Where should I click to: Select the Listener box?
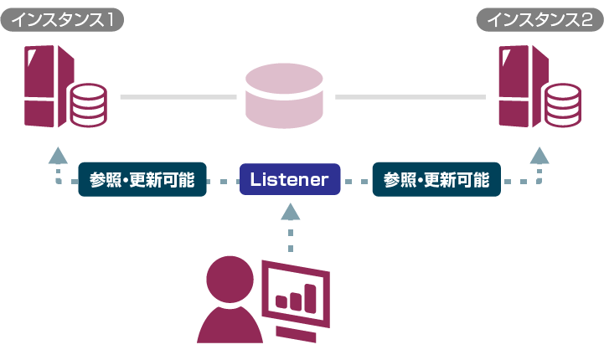point(290,179)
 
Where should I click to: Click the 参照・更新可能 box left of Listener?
point(142,179)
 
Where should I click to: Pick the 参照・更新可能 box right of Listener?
point(436,179)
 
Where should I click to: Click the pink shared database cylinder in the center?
point(286,98)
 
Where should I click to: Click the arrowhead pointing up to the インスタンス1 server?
point(57,155)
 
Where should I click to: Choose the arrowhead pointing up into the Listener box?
point(290,212)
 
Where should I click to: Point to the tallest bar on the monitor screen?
point(311,295)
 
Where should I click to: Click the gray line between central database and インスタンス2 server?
point(410,98)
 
